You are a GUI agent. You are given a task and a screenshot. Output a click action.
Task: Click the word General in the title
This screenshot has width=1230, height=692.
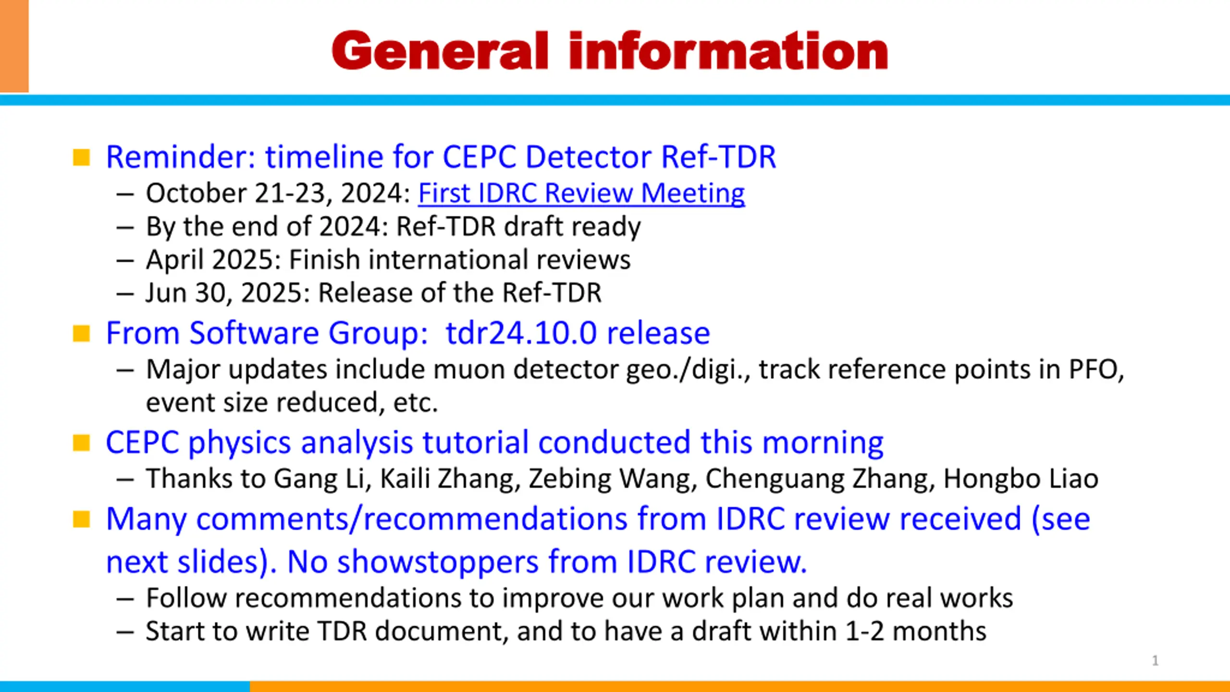pyautogui.click(x=440, y=51)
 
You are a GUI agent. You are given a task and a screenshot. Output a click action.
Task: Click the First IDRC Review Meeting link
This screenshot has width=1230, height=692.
pyautogui.click(x=581, y=193)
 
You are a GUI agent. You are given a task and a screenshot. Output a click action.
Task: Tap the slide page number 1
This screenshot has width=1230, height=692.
pyautogui.click(x=1156, y=661)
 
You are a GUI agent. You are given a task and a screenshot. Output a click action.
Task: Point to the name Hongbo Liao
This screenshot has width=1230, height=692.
pyautogui.click(x=1021, y=479)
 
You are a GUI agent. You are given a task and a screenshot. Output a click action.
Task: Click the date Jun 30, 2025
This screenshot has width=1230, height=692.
pyautogui.click(x=228, y=293)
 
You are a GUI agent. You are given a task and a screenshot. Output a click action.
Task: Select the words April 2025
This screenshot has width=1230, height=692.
pyautogui.click(x=213, y=259)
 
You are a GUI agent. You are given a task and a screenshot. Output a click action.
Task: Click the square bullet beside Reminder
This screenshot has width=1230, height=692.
pyautogui.click(x=81, y=157)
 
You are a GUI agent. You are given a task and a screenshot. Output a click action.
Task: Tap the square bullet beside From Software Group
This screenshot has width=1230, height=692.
pyautogui.click(x=81, y=334)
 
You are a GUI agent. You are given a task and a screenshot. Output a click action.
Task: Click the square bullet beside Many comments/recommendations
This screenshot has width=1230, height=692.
pyautogui.click(x=81, y=519)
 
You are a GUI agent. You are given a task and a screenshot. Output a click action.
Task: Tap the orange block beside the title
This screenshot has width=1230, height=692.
pyautogui.click(x=14, y=46)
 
